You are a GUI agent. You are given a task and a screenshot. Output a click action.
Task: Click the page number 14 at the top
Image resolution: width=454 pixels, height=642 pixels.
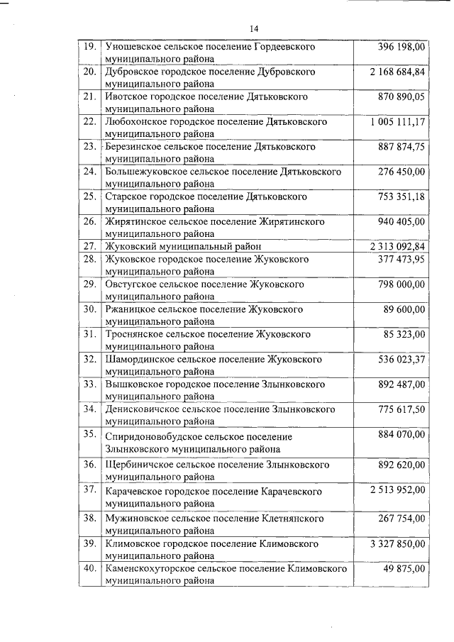[x=253, y=28]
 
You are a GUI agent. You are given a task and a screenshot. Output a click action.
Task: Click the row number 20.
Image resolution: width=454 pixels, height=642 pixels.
[x=90, y=72]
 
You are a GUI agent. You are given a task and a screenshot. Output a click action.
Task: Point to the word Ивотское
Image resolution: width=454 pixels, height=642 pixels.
[x=126, y=97]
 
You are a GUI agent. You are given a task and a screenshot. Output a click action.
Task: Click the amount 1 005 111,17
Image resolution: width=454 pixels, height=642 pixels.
[x=397, y=122]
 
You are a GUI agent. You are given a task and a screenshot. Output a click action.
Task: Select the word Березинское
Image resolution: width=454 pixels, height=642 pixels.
[x=133, y=147]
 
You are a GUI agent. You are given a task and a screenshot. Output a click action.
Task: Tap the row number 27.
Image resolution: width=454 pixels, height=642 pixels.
[x=90, y=246]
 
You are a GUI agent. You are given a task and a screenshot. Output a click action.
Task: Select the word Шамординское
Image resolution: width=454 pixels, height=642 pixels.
[x=138, y=360]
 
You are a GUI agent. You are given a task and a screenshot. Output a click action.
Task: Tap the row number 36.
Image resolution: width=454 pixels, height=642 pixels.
[x=90, y=465]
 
